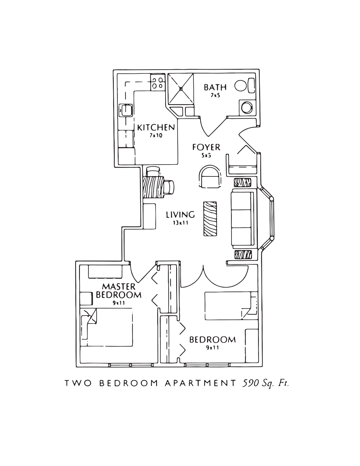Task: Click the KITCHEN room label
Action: pyautogui.click(x=156, y=128)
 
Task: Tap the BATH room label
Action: pyautogui.click(x=215, y=87)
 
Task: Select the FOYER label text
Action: pyautogui.click(x=206, y=147)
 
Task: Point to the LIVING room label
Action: pyautogui.click(x=180, y=215)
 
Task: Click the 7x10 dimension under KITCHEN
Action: pyautogui.click(x=156, y=135)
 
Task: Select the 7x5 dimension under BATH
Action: pyautogui.click(x=215, y=95)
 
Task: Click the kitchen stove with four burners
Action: pyautogui.click(x=158, y=82)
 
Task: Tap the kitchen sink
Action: pyautogui.click(x=126, y=110)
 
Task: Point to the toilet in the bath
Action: pyautogui.click(x=245, y=86)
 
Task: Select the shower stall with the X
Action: pyautogui.click(x=181, y=88)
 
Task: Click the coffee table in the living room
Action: pyautogui.click(x=210, y=219)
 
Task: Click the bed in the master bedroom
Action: pyautogui.click(x=106, y=327)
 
